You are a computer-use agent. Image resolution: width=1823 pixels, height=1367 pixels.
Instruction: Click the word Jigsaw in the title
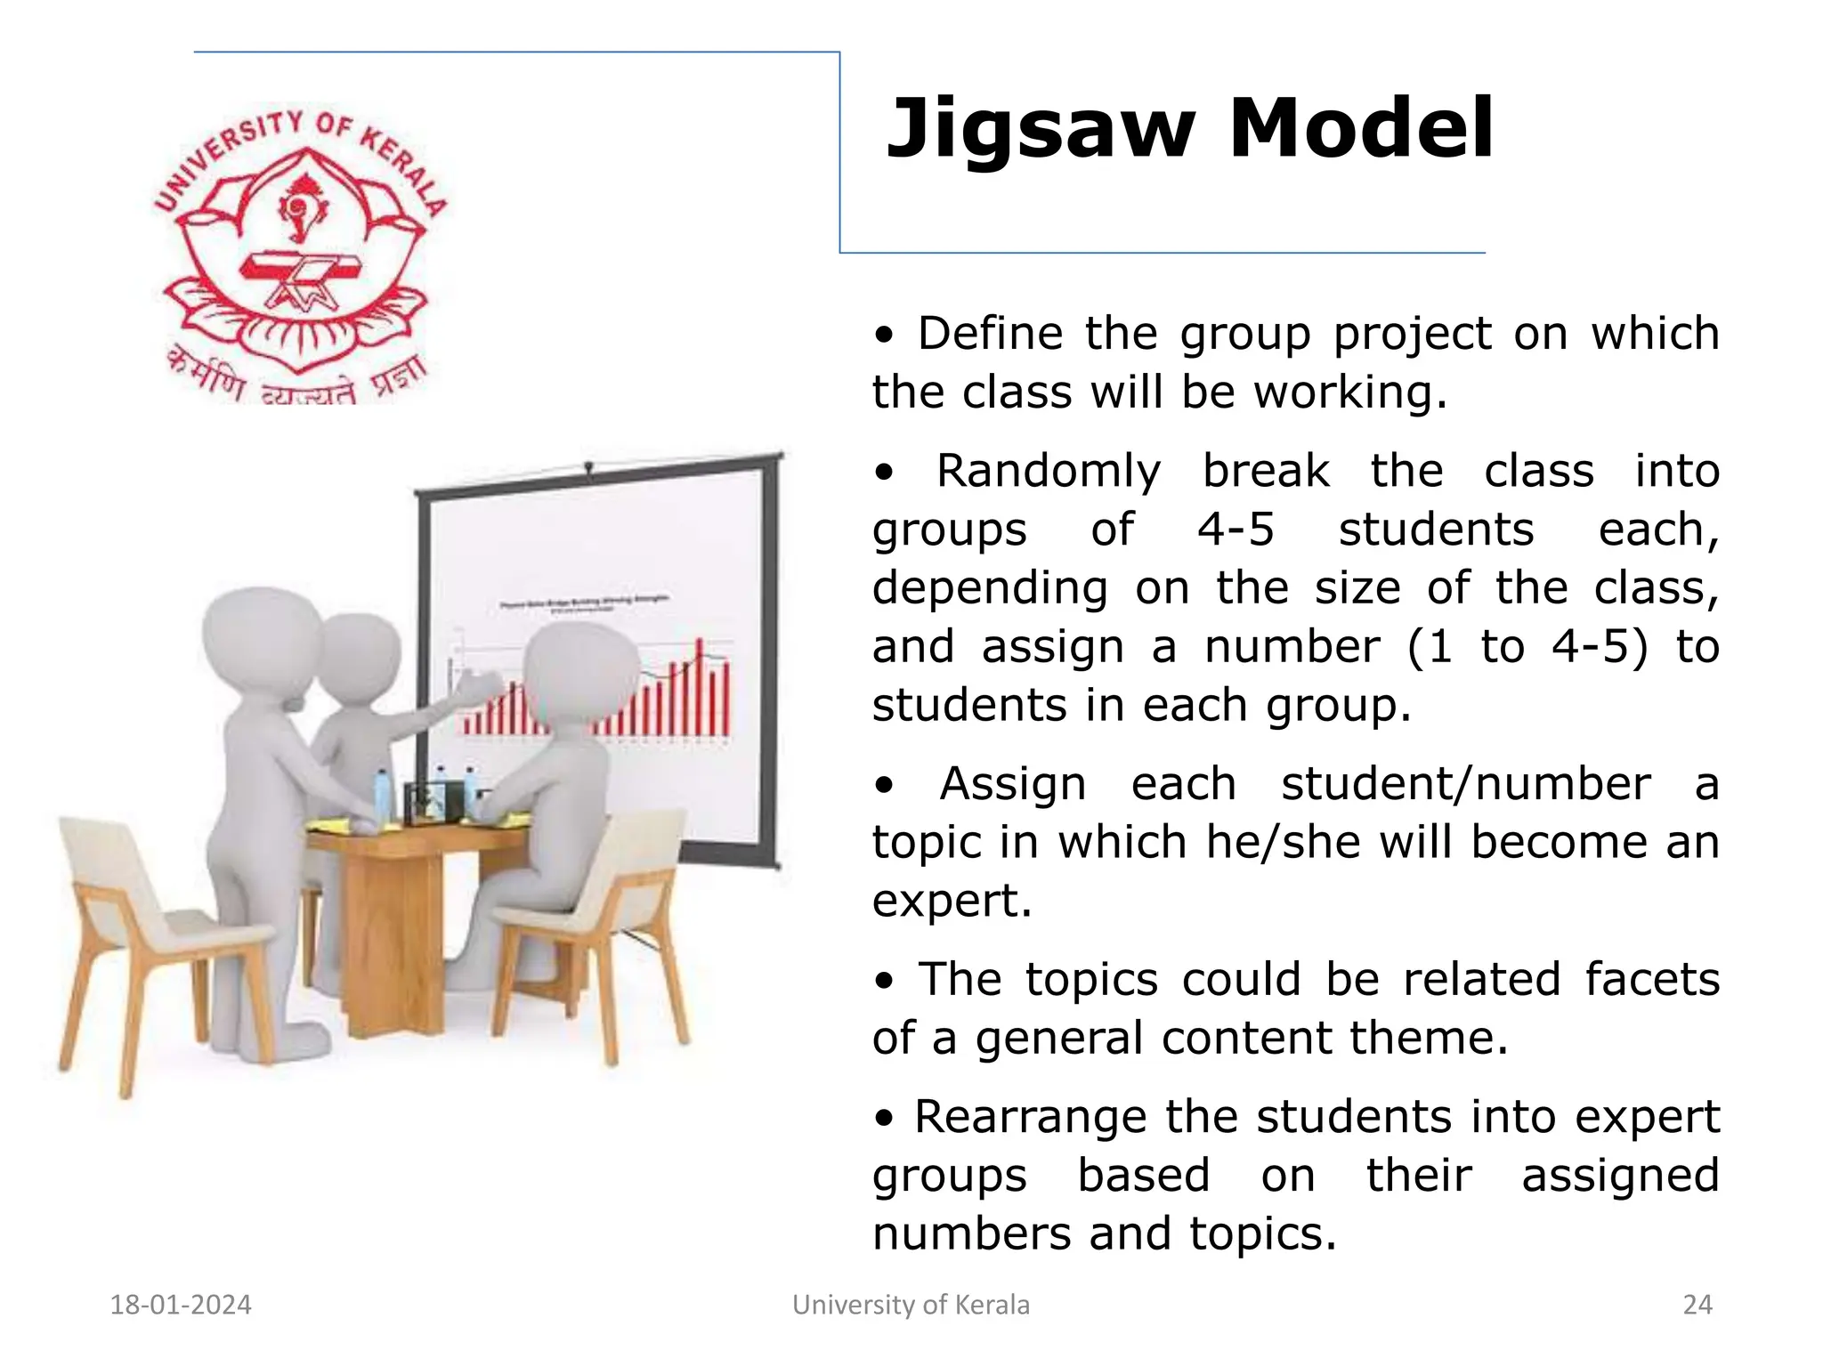(x=1040, y=132)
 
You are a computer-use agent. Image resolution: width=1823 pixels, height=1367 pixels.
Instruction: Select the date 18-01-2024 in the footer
(x=181, y=1305)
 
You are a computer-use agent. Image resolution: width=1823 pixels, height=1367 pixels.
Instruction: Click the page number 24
(x=1697, y=1305)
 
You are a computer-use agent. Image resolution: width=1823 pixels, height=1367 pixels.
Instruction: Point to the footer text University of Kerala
(x=911, y=1305)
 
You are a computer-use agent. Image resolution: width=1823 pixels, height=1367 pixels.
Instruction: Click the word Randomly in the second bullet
(x=1048, y=471)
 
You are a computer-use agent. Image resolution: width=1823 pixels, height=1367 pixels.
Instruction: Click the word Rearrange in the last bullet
(x=1030, y=1117)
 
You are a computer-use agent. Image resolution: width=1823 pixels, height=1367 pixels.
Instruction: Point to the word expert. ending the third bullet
(x=952, y=901)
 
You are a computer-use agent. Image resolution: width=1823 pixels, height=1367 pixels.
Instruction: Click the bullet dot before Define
(x=883, y=336)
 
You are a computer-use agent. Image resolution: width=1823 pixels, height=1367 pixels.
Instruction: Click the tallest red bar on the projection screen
(x=700, y=685)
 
